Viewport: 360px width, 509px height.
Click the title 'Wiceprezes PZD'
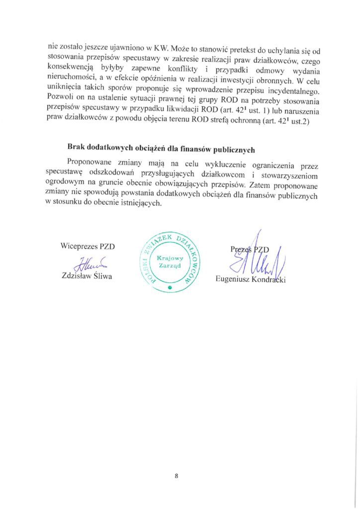[x=87, y=246]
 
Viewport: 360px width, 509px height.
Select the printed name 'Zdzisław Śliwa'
[x=86, y=276]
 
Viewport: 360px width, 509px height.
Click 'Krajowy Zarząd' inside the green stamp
[x=170, y=261]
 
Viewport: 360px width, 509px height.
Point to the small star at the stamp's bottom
[x=170, y=288]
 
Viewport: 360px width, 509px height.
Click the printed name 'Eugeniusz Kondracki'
[x=251, y=279]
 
